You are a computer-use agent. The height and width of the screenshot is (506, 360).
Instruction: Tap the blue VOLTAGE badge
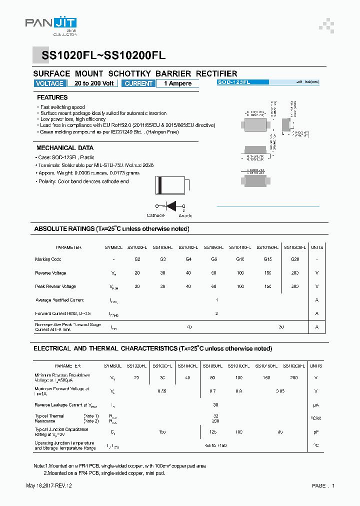[50, 83]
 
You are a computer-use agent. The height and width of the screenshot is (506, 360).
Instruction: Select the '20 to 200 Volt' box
[94, 83]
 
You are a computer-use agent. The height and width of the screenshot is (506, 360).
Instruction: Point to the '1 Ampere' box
[177, 83]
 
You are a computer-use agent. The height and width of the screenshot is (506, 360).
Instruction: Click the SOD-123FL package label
[234, 81]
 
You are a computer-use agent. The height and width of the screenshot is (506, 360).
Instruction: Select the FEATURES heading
[52, 97]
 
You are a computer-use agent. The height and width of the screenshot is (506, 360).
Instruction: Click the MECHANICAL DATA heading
[65, 148]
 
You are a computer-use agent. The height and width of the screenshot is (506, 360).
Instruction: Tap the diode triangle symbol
[171, 205]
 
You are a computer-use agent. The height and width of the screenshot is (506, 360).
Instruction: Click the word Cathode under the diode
[155, 215]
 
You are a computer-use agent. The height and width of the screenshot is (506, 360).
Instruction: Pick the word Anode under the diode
[185, 215]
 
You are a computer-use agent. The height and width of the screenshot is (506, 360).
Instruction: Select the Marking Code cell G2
[137, 259]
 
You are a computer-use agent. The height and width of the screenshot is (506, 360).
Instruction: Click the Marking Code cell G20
[295, 259]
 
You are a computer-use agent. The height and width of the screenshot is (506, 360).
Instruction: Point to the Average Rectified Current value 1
[217, 300]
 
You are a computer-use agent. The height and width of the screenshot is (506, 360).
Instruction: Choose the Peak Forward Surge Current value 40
[189, 326]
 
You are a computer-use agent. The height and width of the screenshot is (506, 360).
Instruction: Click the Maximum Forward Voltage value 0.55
[162, 391]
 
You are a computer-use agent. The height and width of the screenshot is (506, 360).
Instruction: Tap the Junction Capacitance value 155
[162, 431]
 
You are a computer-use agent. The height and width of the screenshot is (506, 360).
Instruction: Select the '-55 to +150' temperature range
[216, 445]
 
